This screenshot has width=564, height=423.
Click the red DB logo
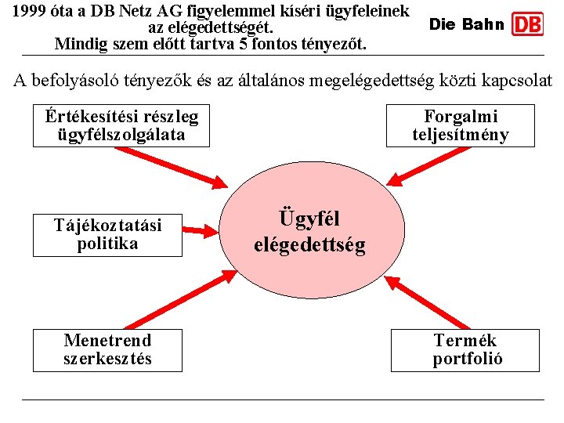pyautogui.click(x=527, y=24)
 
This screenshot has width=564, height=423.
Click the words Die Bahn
pyautogui.click(x=467, y=24)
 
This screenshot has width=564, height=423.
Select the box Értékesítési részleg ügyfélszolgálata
pyautogui.click(x=121, y=126)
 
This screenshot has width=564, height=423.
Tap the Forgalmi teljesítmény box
pyautogui.click(x=461, y=126)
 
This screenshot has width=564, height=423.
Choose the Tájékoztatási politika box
pyautogui.click(x=107, y=235)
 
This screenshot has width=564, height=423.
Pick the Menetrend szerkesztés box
pyautogui.click(x=107, y=350)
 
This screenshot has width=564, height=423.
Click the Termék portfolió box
pyautogui.click(x=465, y=350)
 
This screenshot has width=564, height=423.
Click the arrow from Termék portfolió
pyautogui.click(x=427, y=302)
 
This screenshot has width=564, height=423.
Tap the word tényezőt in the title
pyautogui.click(x=334, y=43)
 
